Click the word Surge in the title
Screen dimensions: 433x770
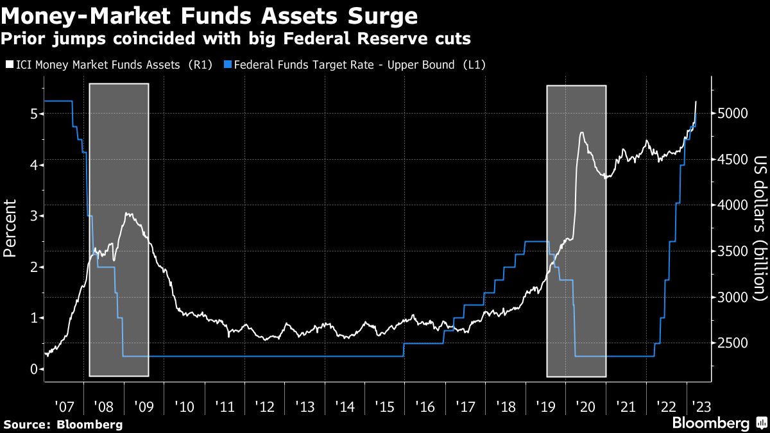tap(381, 15)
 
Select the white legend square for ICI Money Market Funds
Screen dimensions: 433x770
tap(9, 65)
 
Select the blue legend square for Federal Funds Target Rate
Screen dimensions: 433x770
tap(228, 65)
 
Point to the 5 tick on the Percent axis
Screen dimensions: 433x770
tap(33, 114)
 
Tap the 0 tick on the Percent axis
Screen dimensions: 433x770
tap(33, 369)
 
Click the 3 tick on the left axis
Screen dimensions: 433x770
tap(33, 216)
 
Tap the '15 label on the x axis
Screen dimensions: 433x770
tap(384, 406)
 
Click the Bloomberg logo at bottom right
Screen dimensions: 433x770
tap(719, 423)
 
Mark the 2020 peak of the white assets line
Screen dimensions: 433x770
tap(581, 133)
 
